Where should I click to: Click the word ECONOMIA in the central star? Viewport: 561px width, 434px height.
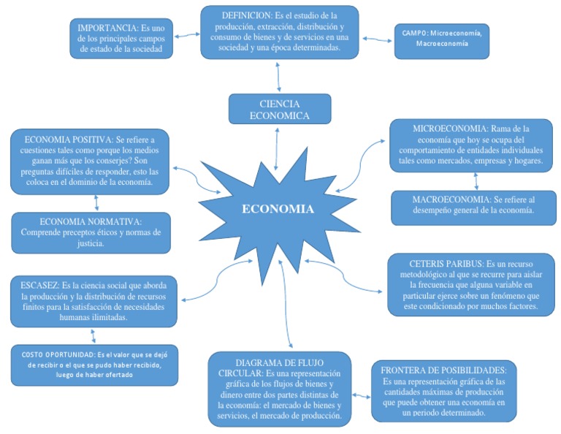[x=278, y=210]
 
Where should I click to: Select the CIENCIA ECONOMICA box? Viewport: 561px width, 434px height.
[x=279, y=109]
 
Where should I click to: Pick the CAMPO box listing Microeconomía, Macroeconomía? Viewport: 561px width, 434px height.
[x=442, y=39]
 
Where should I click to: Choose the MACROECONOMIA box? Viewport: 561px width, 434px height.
[x=473, y=205]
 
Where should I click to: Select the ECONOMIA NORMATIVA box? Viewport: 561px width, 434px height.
[x=91, y=232]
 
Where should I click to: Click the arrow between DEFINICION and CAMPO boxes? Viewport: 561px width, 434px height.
[x=377, y=39]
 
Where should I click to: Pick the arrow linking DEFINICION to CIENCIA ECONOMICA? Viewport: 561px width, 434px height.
[x=279, y=76]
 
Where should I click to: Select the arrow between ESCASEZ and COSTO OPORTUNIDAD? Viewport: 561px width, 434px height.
[x=93, y=335]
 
